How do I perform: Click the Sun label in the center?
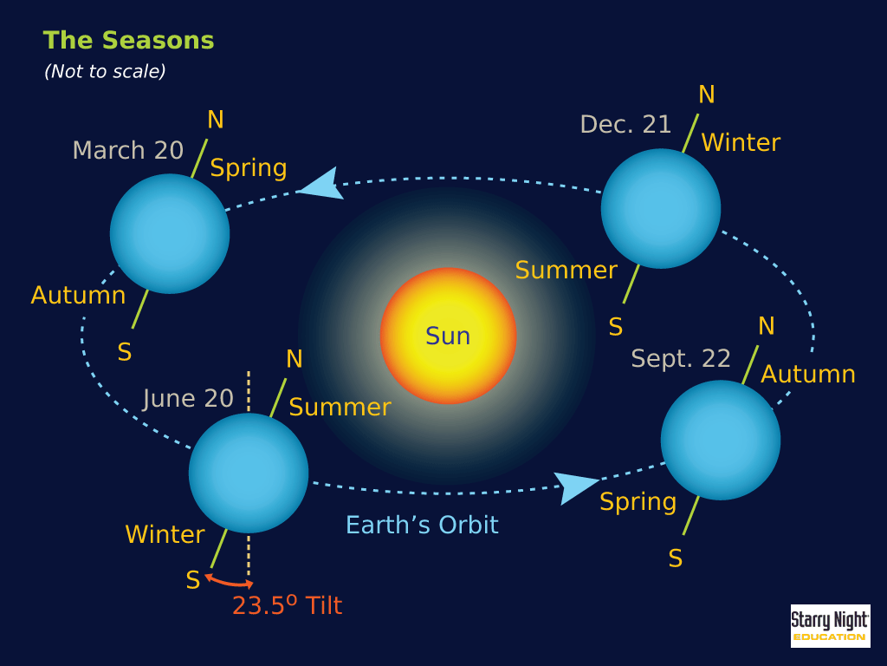coord(448,336)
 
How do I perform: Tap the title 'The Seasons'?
coord(128,40)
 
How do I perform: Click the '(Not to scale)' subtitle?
coord(105,71)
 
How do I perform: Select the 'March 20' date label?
coord(128,150)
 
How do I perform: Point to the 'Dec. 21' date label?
coord(625,125)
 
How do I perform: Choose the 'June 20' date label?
coord(188,399)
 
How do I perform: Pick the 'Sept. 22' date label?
coord(681,358)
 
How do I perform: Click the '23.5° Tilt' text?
coord(288,604)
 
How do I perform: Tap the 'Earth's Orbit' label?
coord(422,525)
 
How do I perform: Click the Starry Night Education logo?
coord(830,626)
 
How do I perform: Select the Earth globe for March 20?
coord(170,234)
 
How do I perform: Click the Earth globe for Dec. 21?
coord(661,208)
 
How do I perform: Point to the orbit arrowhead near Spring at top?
coord(321,184)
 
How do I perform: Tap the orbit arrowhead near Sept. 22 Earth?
coord(576,487)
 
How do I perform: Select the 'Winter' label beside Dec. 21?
coord(741,142)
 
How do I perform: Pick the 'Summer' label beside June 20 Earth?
coord(340,408)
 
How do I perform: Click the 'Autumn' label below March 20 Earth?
coord(78,295)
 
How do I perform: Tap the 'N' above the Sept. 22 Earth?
coord(767,326)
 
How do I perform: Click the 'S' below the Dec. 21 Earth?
coord(616,327)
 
